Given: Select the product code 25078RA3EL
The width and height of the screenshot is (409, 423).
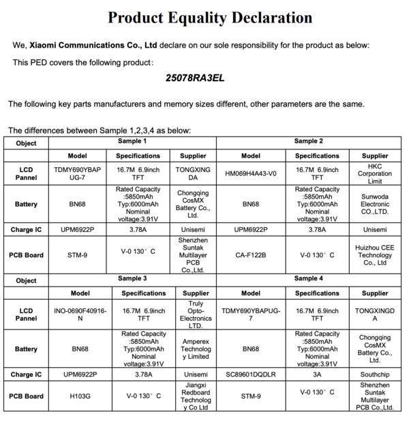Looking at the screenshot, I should coord(195,78).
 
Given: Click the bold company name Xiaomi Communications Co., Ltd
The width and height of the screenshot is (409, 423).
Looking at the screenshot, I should coord(93,45).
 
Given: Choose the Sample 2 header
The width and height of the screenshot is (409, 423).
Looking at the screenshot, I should coord(308,141).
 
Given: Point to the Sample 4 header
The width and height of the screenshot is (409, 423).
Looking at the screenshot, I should coord(308,278).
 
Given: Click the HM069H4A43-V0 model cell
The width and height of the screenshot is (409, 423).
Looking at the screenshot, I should coord(251,173).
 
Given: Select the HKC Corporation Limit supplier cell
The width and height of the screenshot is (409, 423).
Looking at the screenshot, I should coord(374,173).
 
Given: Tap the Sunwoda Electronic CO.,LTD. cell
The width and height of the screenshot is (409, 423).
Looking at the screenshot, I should coord(374,204).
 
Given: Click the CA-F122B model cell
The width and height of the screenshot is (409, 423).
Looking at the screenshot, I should coord(251,254).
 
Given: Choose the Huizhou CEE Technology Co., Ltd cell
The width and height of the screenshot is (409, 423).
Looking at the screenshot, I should coord(374,254).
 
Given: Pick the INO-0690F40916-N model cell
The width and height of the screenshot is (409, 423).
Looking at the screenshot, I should coord(80,315).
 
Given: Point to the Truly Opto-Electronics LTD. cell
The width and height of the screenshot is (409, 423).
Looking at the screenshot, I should coord(196,315).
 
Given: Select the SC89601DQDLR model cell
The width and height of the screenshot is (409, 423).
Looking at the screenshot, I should coord(251,375).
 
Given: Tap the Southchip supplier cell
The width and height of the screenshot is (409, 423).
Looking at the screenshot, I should coord(374,375).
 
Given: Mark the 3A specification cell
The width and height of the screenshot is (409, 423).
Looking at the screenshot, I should coord(317,375).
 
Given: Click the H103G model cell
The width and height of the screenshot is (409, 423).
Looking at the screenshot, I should coord(80,396).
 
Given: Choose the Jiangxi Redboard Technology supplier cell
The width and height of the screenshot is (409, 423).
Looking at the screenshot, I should coord(196,396).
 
